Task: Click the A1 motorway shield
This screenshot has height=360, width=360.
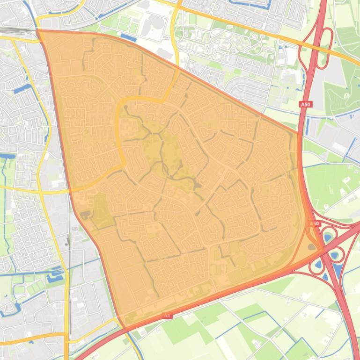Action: (168, 316)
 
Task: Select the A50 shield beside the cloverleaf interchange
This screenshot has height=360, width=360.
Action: (314, 223)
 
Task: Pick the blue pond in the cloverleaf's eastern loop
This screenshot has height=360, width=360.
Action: (336, 255)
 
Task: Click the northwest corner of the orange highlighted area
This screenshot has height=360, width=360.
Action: (38, 31)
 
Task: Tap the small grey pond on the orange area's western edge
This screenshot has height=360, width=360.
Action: (85, 215)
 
